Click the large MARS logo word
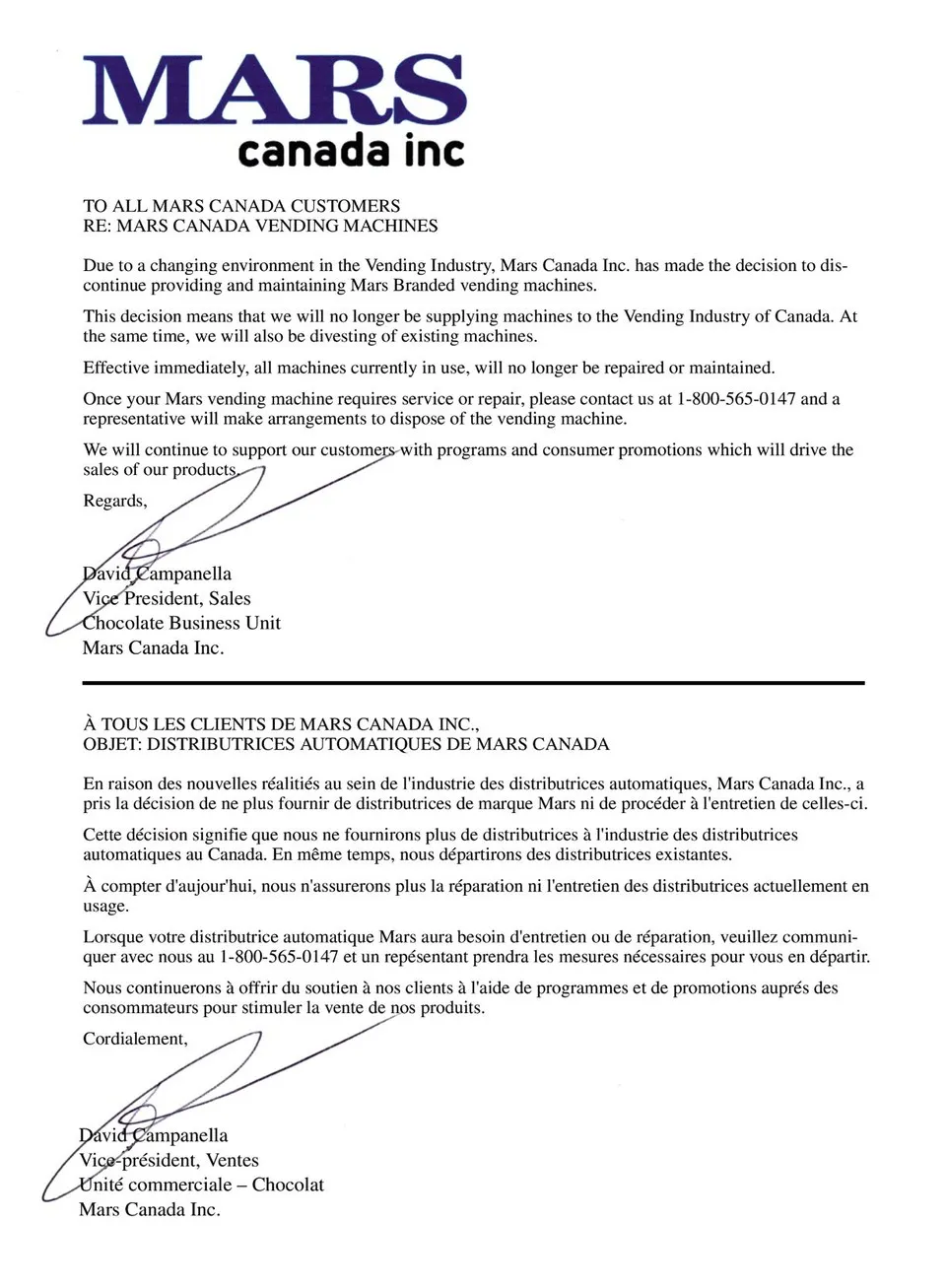pyautogui.click(x=274, y=91)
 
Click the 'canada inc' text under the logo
pyautogui.click(x=350, y=151)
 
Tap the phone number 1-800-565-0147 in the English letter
pyautogui.click(x=736, y=399)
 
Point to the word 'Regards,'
pyautogui.click(x=114, y=501)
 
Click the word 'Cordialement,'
pyautogui.click(x=135, y=1039)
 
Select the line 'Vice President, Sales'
pyautogui.click(x=167, y=598)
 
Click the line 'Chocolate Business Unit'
pyautogui.click(x=181, y=623)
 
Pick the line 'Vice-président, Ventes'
pyautogui.click(x=169, y=1160)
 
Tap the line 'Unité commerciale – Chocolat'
pyautogui.click(x=201, y=1185)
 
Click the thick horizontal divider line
pyautogui.click(x=473, y=682)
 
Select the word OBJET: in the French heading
pyautogui.click(x=112, y=744)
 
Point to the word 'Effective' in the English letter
pyautogui.click(x=115, y=368)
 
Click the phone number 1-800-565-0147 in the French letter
pyautogui.click(x=279, y=957)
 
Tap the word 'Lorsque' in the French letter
pyautogui.click(x=112, y=936)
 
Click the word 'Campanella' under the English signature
pyautogui.click(x=183, y=574)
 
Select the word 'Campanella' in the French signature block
pyautogui.click(x=179, y=1135)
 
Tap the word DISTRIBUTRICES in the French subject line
pyautogui.click(x=220, y=744)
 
